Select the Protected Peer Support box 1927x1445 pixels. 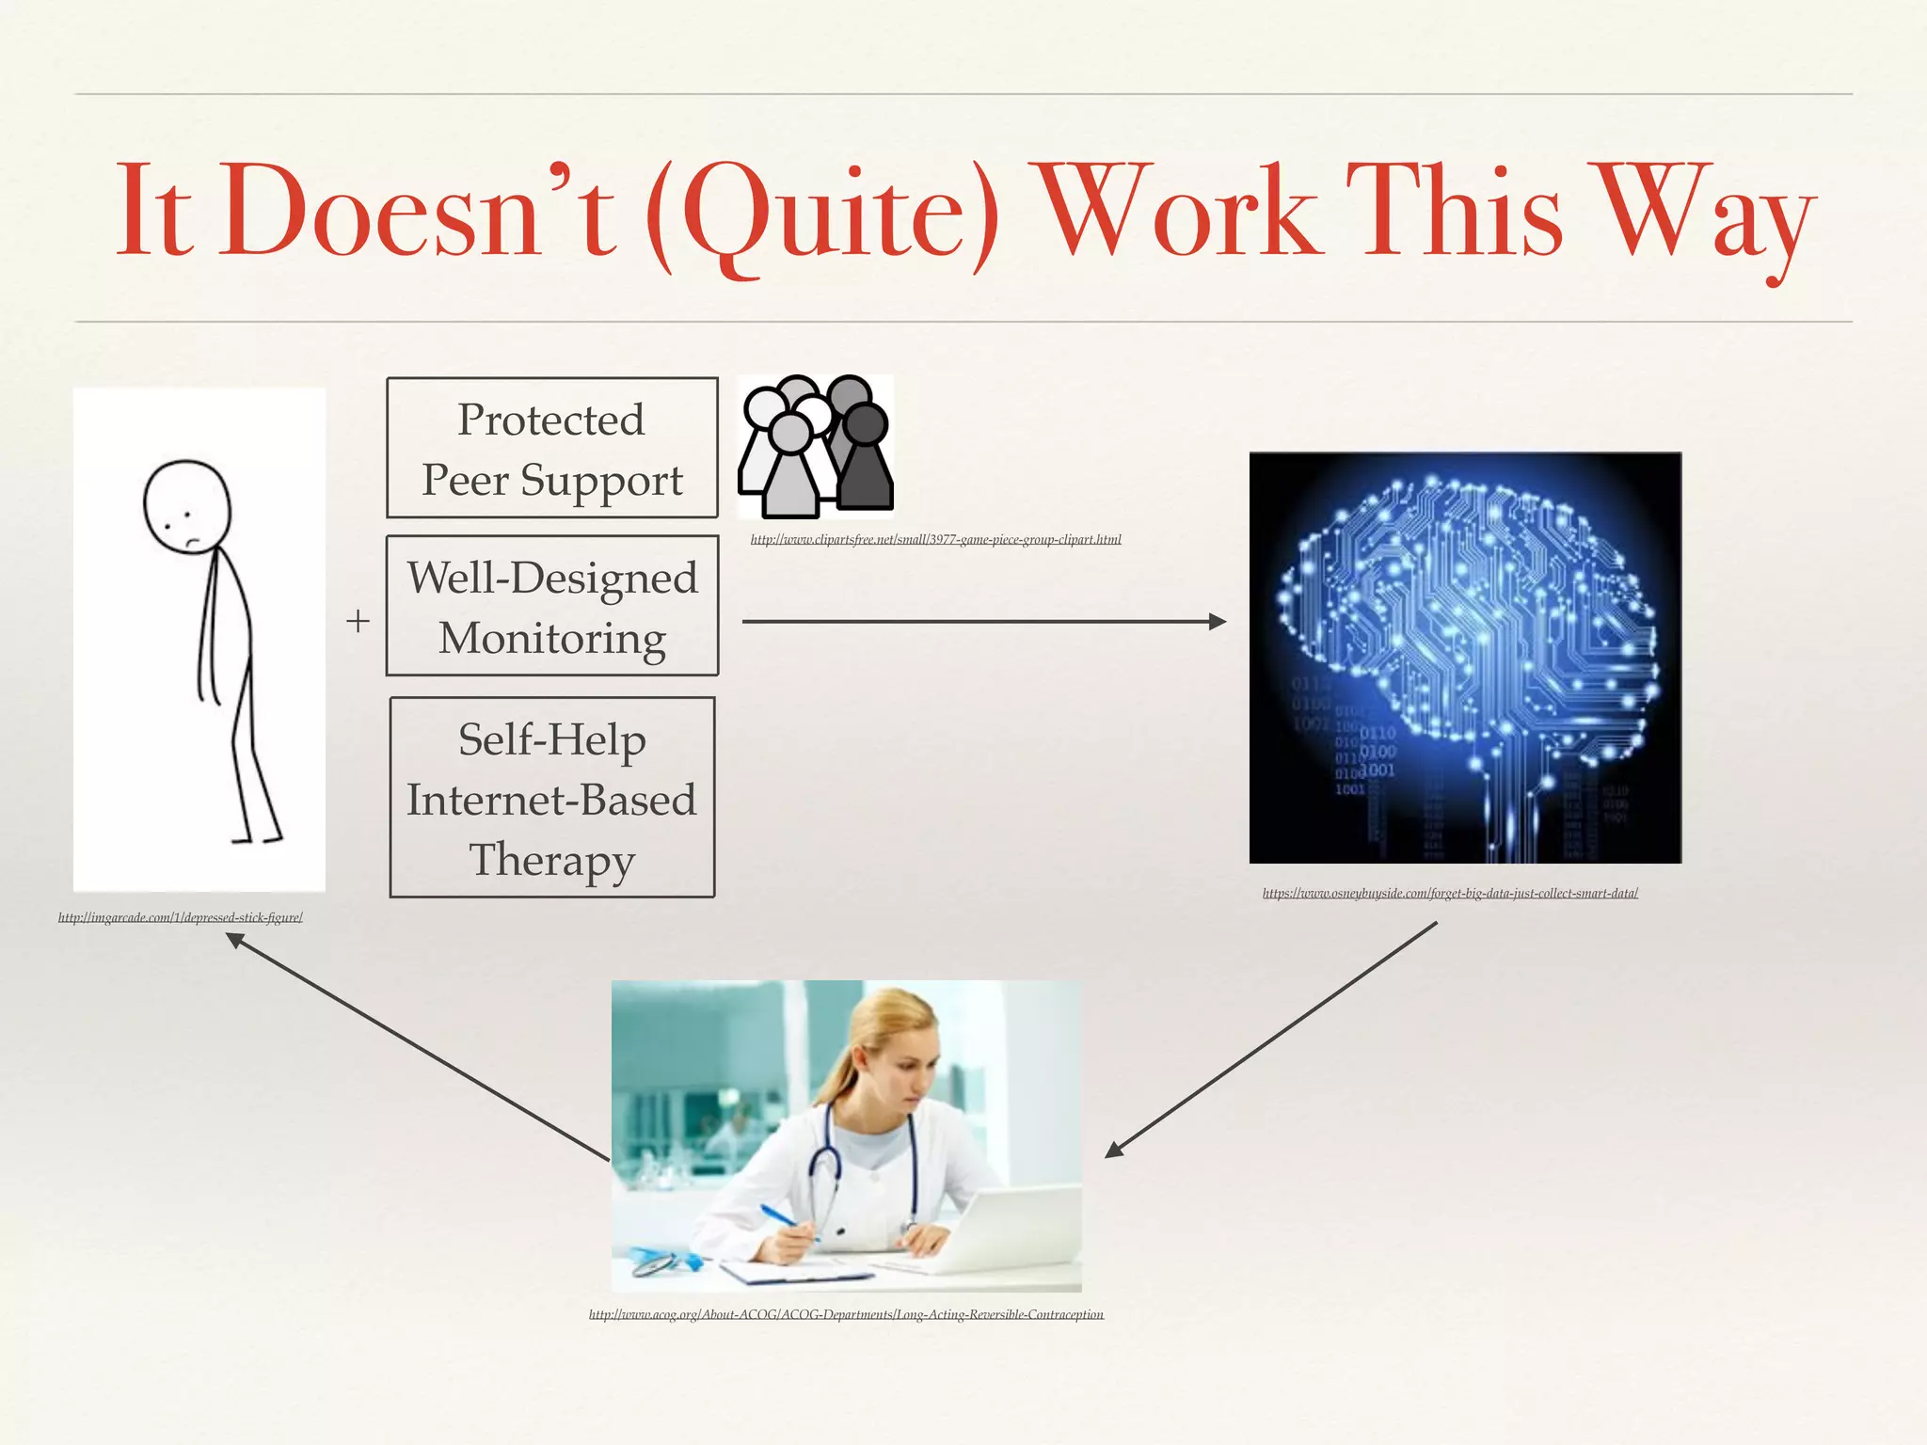tap(552, 449)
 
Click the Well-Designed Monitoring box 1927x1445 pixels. tap(552, 607)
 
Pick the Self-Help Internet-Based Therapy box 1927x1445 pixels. tap(552, 798)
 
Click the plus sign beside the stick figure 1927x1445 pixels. tap(358, 621)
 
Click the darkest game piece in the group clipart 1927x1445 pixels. tap(864, 461)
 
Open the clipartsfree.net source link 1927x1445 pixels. tap(935, 539)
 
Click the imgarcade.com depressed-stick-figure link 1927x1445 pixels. tap(180, 917)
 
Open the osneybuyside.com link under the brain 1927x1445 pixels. tap(1450, 893)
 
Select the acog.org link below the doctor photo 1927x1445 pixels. tap(846, 1314)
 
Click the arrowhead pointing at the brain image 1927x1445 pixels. tap(1218, 621)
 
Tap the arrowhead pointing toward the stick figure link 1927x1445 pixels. tap(234, 940)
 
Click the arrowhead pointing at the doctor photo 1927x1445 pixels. tap(1113, 1150)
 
